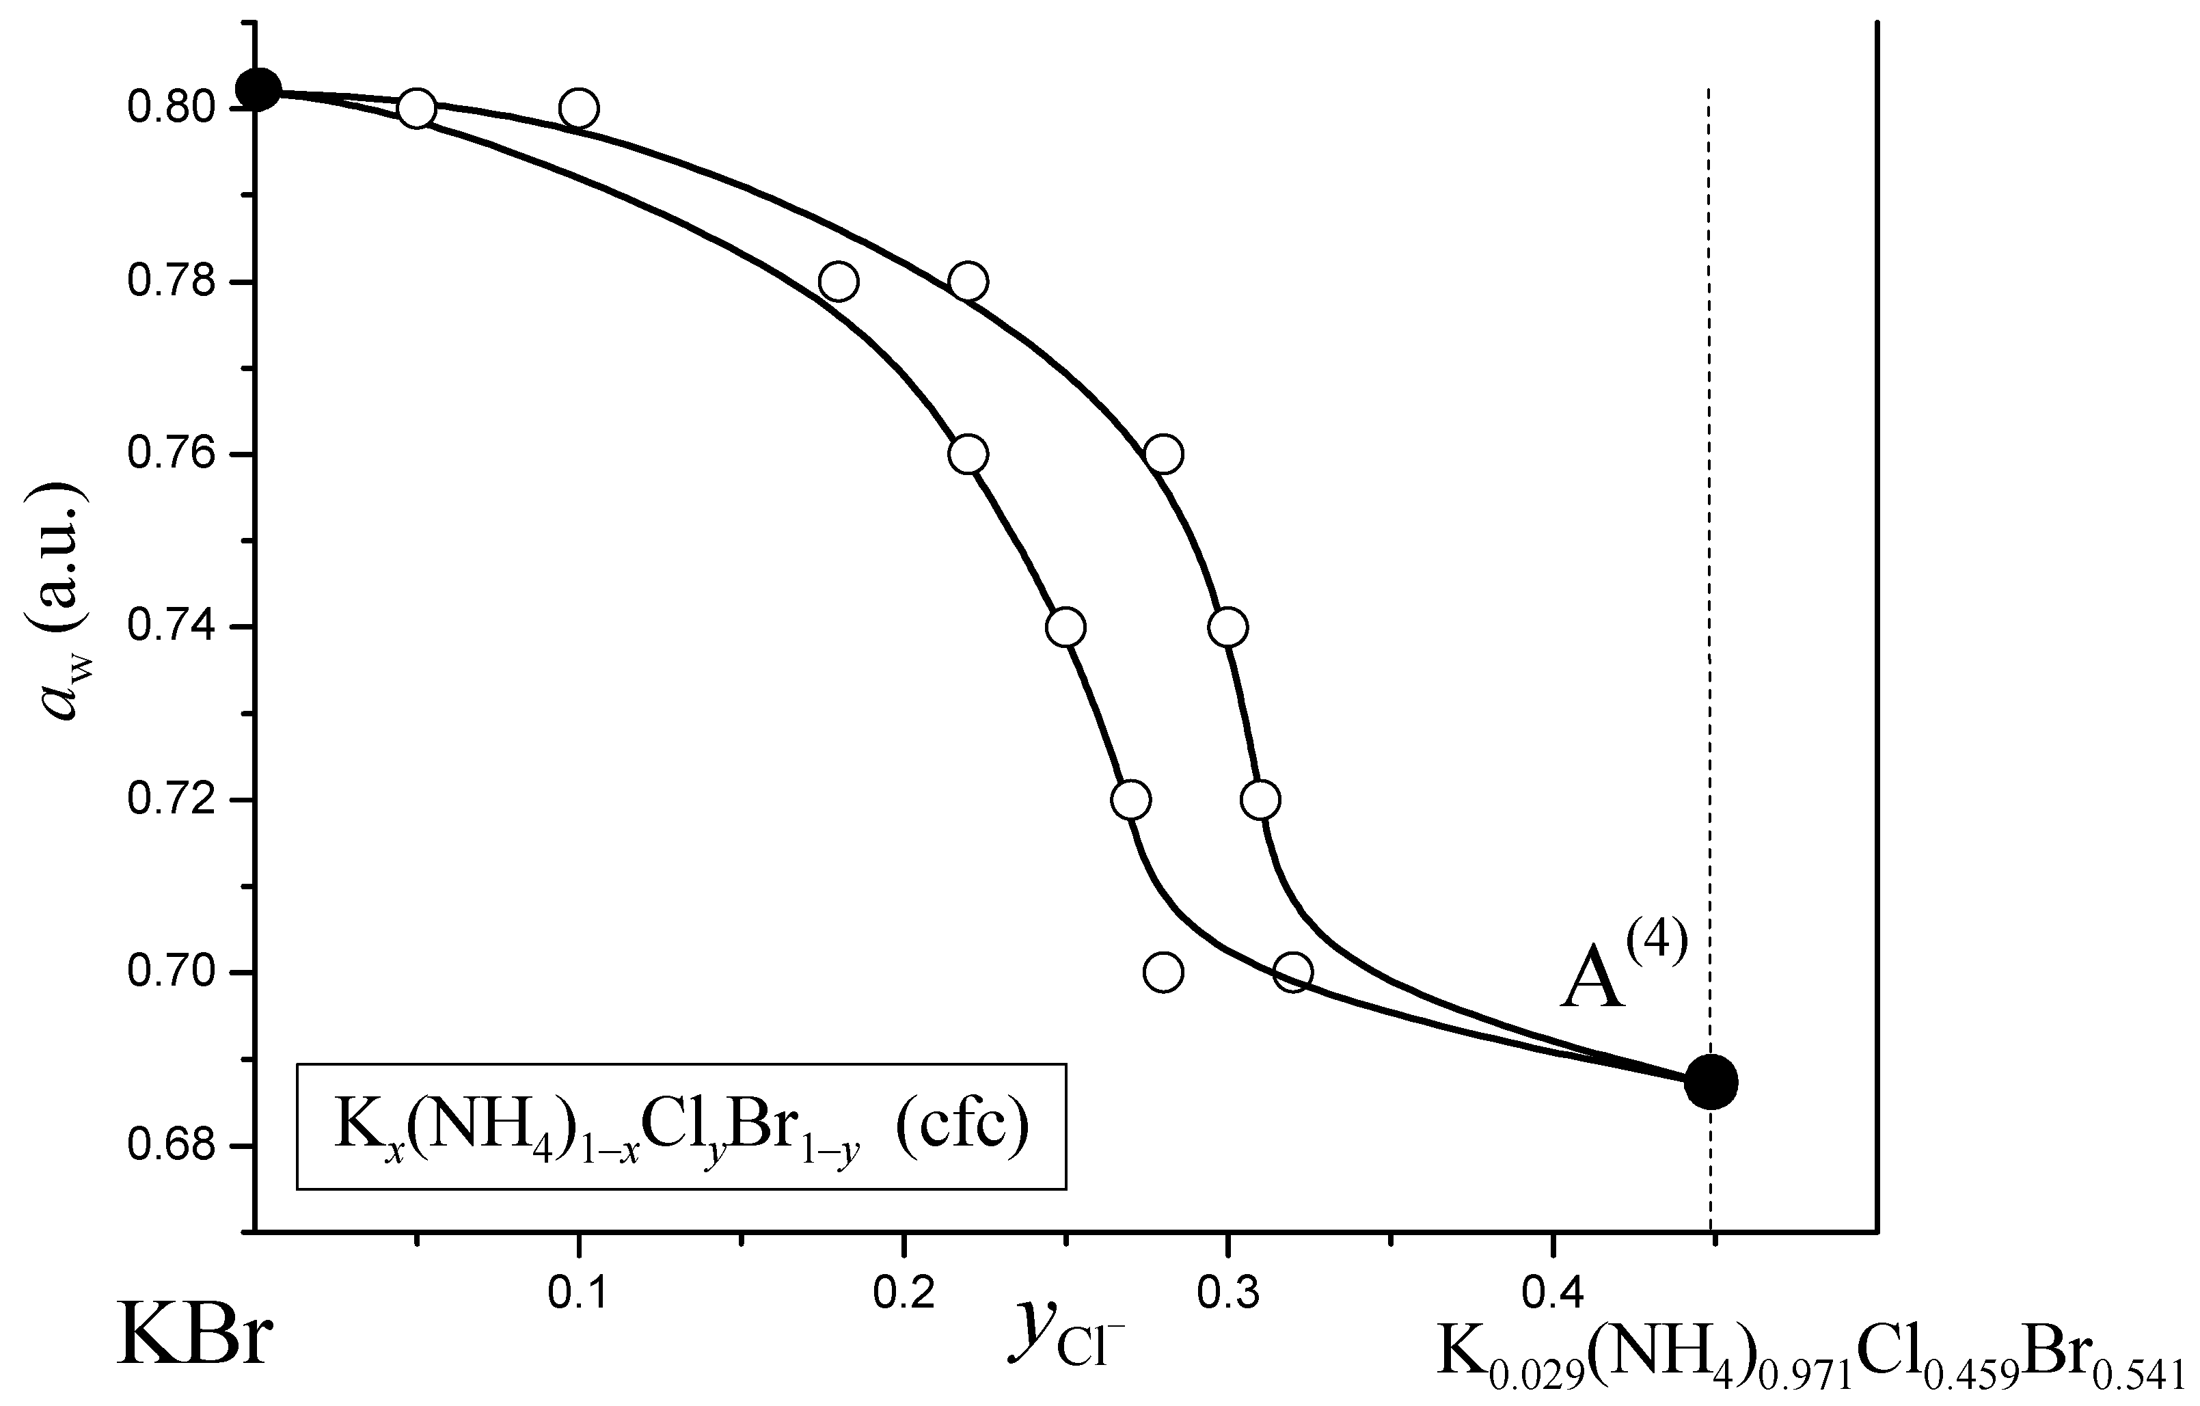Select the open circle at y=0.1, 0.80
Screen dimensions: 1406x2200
coord(578,109)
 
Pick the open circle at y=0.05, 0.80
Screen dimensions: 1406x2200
coord(417,109)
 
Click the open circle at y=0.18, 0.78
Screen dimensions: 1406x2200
coord(838,282)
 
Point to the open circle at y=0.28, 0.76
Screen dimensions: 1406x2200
coord(1163,454)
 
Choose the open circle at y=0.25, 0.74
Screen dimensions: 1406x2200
coord(1065,627)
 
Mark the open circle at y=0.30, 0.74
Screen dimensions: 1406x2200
coord(1227,627)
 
